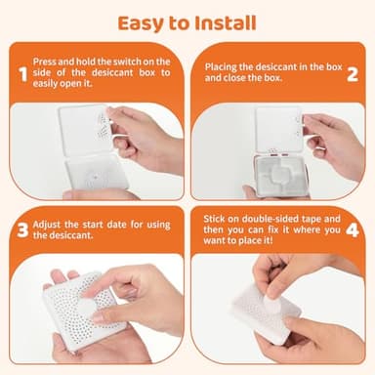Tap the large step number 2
click(x=353, y=74)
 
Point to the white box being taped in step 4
click(x=264, y=312)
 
